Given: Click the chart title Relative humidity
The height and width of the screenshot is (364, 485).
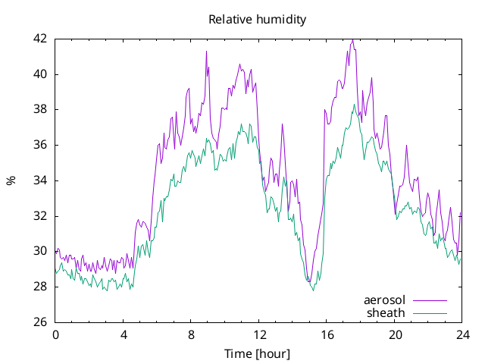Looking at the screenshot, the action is [x=258, y=20].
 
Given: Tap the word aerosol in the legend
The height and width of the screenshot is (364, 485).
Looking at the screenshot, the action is [x=384, y=300].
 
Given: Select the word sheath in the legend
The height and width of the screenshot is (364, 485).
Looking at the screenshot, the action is [x=386, y=313].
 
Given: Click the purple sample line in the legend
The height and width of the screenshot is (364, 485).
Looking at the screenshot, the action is [x=430, y=300].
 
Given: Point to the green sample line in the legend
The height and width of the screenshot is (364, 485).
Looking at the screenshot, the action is [x=430, y=313].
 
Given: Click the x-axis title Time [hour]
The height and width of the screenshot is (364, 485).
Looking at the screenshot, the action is [x=257, y=353].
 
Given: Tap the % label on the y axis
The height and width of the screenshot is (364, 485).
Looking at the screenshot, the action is [x=11, y=180].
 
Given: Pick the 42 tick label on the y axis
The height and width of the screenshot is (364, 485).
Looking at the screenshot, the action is [x=40, y=39].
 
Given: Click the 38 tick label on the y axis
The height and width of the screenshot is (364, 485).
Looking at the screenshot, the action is [x=40, y=109].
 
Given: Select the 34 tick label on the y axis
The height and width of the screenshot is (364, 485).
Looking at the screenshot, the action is [x=40, y=180].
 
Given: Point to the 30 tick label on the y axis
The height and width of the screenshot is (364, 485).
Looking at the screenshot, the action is [x=40, y=251].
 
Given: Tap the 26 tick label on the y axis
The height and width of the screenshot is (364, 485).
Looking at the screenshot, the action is [x=40, y=322].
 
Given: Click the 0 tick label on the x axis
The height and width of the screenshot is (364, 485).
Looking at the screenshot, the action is [x=55, y=335].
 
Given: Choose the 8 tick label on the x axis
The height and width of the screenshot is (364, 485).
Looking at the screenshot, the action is [x=191, y=335].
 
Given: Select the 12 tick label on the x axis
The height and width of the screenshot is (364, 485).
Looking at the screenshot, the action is [x=259, y=335].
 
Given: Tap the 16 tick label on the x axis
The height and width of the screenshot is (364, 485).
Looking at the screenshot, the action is [x=327, y=335].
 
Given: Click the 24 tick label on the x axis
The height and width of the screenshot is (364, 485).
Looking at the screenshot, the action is [x=462, y=335].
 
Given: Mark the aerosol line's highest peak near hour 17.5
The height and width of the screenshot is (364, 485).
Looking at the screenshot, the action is [x=353, y=39].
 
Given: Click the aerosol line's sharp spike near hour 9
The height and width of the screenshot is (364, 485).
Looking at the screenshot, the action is [x=206, y=52].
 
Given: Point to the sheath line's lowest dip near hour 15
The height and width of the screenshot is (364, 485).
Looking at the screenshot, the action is [x=313, y=290].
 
